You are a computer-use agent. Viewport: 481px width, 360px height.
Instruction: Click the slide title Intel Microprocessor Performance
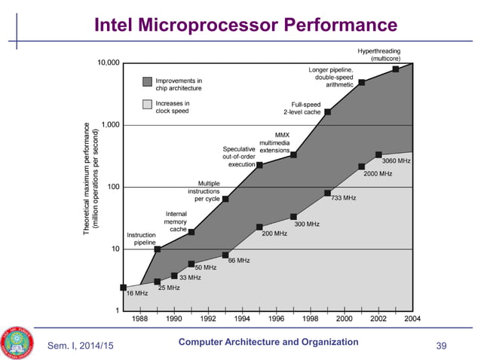pos(245,26)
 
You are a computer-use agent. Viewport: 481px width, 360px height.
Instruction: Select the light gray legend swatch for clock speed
pos(146,107)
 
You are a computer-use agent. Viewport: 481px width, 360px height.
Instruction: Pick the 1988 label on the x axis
pos(140,319)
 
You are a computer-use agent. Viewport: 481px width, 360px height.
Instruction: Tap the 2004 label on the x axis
pos(413,319)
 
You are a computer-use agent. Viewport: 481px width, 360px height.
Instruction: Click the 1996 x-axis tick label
pos(277,319)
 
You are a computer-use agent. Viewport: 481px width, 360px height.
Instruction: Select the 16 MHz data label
pos(136,293)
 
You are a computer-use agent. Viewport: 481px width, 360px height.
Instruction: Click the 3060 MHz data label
pos(396,161)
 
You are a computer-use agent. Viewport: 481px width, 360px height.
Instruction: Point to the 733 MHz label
pos(343,198)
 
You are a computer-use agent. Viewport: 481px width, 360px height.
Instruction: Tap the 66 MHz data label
pos(238,261)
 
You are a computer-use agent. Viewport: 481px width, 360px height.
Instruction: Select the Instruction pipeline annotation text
pos(141,239)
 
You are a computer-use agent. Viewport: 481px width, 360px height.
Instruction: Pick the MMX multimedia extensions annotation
pos(274,143)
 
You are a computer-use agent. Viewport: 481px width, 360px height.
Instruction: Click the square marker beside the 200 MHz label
pos(259,227)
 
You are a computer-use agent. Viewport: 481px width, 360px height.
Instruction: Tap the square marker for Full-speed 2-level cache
pos(327,112)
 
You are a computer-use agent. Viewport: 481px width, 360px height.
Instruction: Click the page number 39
pos(442,346)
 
